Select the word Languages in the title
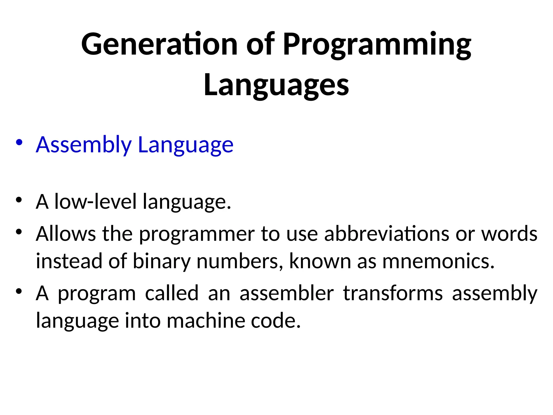[x=276, y=85]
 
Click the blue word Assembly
[x=84, y=145]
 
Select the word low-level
[x=96, y=202]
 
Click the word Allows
[x=66, y=234]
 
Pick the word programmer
[x=197, y=235]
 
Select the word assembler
[x=287, y=293]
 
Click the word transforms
[x=393, y=293]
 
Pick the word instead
[x=69, y=261]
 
